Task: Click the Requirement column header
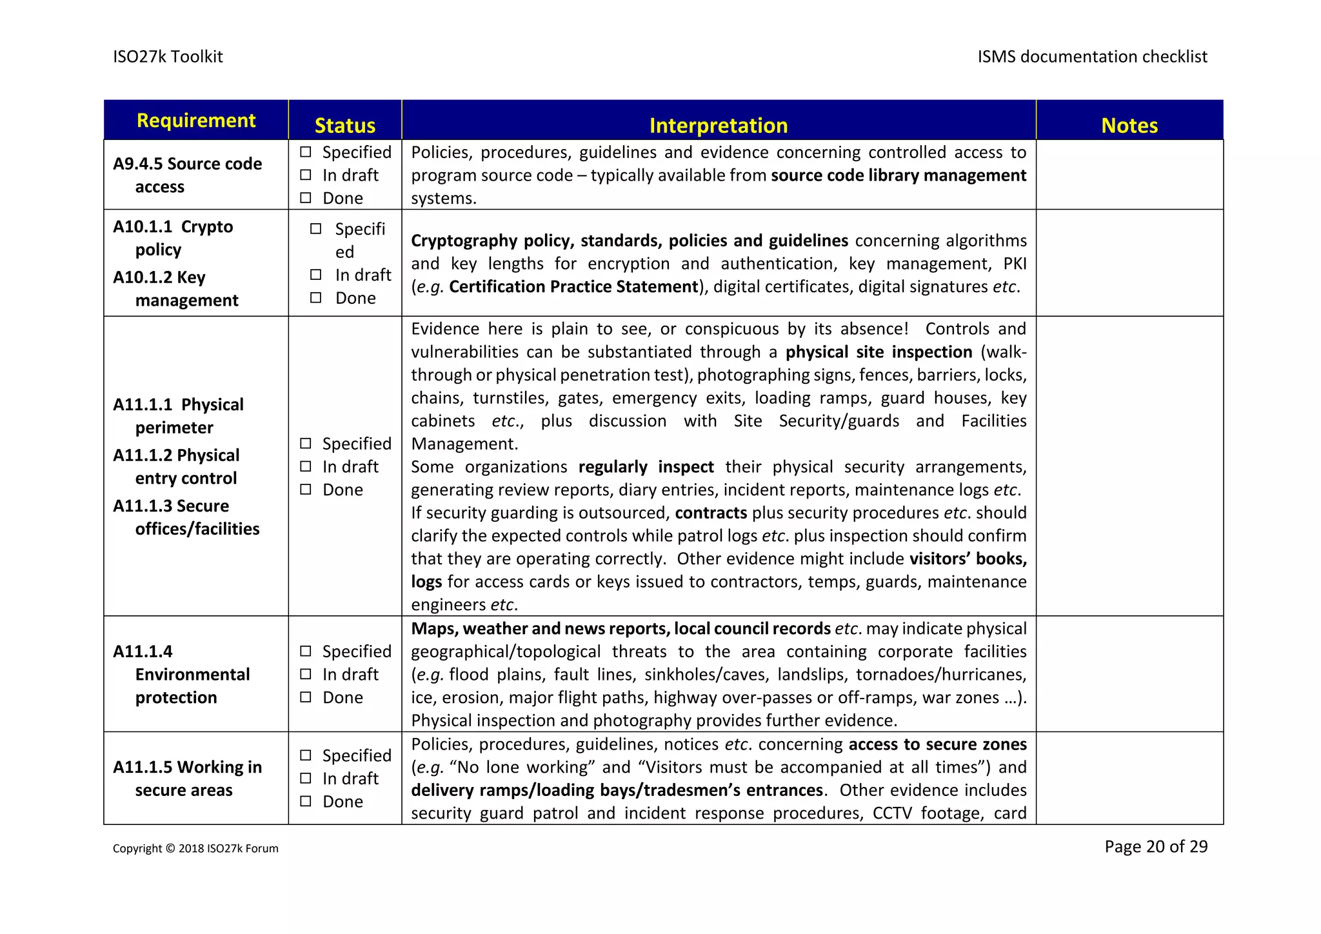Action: [x=196, y=121]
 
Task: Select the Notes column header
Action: [x=1129, y=125]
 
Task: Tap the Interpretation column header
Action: [x=718, y=125]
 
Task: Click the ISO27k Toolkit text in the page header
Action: [x=168, y=57]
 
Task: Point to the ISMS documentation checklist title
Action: [x=1092, y=57]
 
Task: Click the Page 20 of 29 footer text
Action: [x=1155, y=846]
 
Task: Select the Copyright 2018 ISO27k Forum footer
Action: [x=195, y=848]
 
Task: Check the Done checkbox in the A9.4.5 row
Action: [x=306, y=198]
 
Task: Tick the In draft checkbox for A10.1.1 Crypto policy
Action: [x=315, y=275]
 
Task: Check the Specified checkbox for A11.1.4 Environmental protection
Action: [x=306, y=651]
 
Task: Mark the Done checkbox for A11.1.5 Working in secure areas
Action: [x=306, y=801]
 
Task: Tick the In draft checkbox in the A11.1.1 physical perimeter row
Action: [x=306, y=466]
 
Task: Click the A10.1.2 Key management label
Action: [x=175, y=288]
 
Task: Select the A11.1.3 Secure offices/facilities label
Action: [x=186, y=517]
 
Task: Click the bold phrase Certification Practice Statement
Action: [x=573, y=286]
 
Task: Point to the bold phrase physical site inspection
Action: [x=879, y=352]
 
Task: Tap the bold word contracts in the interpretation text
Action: [x=711, y=513]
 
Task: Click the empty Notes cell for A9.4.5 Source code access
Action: [x=1129, y=175]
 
